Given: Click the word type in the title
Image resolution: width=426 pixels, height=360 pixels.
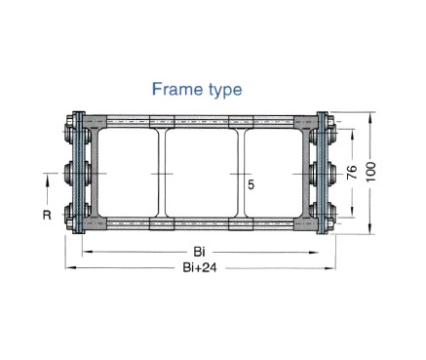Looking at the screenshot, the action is pyautogui.click(x=225, y=91).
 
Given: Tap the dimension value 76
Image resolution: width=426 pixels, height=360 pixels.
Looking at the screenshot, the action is pyautogui.click(x=352, y=173).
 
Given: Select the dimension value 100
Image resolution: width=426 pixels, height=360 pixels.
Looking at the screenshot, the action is pyautogui.click(x=370, y=172).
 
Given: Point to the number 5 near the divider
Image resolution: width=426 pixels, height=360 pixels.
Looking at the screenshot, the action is pyautogui.click(x=251, y=184).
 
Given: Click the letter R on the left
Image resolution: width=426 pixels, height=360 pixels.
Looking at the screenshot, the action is pyautogui.click(x=47, y=215).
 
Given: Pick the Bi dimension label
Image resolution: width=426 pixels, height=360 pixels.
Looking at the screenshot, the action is pyautogui.click(x=199, y=252).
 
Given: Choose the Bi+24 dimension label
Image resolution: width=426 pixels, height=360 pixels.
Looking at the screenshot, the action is pyautogui.click(x=200, y=267).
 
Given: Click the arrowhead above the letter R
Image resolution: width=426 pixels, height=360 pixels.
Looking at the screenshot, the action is pyautogui.click(x=47, y=178).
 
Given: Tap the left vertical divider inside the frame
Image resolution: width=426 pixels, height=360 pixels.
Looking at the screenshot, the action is pyautogui.click(x=162, y=173).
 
